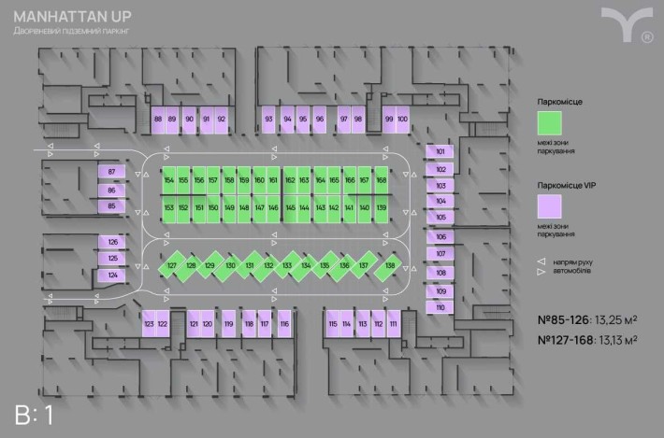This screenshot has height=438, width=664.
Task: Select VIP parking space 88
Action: (158, 120)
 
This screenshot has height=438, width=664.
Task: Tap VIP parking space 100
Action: (402, 120)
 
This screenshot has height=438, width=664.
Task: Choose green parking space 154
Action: (169, 180)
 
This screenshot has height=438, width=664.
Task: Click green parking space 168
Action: (382, 180)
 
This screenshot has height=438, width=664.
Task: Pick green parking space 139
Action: (382, 207)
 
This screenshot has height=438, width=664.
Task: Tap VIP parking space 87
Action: (112, 172)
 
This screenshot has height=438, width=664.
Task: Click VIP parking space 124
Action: (112, 276)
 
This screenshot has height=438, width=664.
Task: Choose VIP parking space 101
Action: (440, 151)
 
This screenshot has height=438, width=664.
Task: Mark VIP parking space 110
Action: (440, 307)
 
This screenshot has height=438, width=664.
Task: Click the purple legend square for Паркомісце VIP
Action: (550, 205)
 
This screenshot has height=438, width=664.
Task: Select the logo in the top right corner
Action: (626, 24)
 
